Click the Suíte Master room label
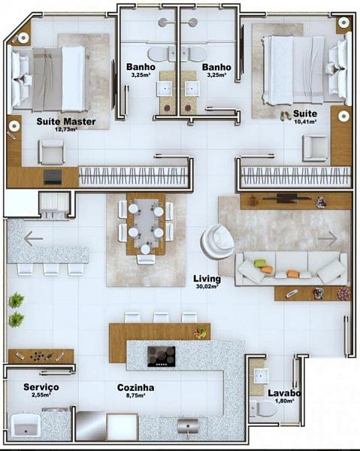(66, 121)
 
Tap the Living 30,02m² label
(207, 281)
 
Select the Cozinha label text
(135, 387)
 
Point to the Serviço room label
(41, 387)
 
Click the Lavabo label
(284, 393)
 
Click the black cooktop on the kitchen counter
(162, 356)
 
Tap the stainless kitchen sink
(188, 426)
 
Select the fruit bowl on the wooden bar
(201, 332)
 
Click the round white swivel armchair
(218, 241)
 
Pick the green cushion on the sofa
(259, 262)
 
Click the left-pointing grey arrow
(33, 238)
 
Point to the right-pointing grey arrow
(327, 238)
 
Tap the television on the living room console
(286, 198)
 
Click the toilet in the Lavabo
(263, 409)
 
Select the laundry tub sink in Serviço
(26, 425)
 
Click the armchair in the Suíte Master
(52, 152)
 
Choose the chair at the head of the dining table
(146, 259)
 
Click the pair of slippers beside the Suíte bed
(286, 116)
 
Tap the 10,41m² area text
(305, 121)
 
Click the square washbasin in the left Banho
(165, 88)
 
